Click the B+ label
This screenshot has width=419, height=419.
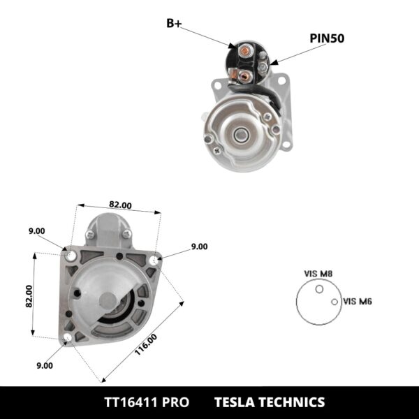(175, 23)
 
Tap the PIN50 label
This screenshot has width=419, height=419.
(327, 38)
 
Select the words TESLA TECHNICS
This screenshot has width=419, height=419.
(269, 402)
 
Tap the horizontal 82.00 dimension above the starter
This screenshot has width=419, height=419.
(120, 205)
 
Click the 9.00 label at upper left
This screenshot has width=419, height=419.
(37, 231)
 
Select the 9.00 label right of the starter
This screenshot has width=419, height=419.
(199, 247)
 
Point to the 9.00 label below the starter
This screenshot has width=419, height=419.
(45, 365)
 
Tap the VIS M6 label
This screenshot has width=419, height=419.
(358, 302)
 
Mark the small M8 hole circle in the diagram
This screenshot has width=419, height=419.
(319, 288)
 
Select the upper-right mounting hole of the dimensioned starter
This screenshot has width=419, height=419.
(154, 260)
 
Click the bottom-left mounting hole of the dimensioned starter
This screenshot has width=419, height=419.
(66, 339)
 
